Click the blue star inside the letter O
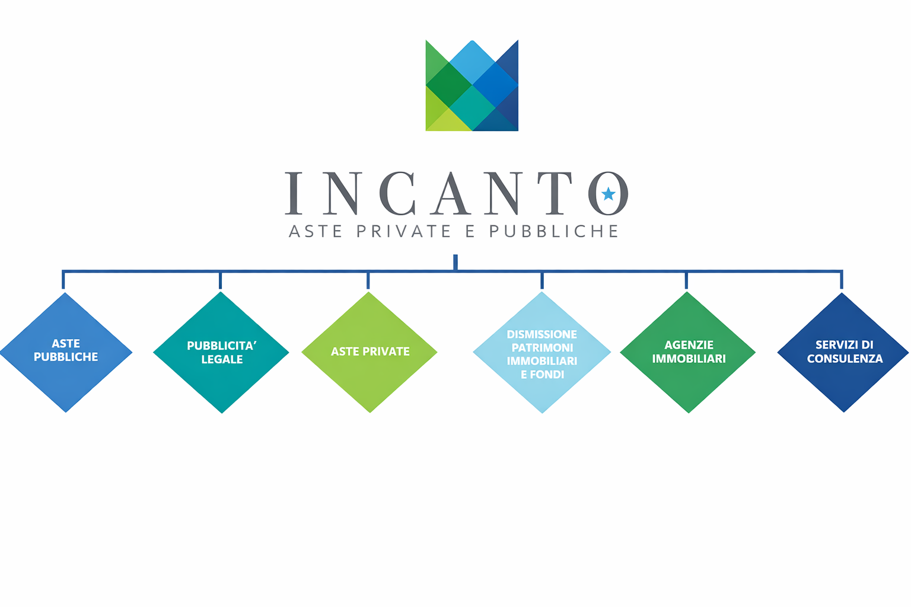[x=609, y=194]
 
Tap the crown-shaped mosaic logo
[x=472, y=85]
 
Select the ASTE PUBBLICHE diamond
[x=66, y=352]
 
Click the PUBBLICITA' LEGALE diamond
[x=221, y=352]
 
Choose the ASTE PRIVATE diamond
[x=370, y=352]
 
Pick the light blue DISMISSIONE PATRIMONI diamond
[x=541, y=352]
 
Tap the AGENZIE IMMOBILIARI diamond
[x=688, y=352]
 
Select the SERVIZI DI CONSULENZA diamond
[x=843, y=352]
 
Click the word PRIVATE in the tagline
[x=403, y=231]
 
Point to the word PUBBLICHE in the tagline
[x=553, y=231]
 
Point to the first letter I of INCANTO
[x=294, y=193]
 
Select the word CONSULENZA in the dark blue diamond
[x=845, y=359]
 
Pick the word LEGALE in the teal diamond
[x=222, y=359]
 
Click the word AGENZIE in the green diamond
[x=689, y=345]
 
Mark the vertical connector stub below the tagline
[x=455, y=262]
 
